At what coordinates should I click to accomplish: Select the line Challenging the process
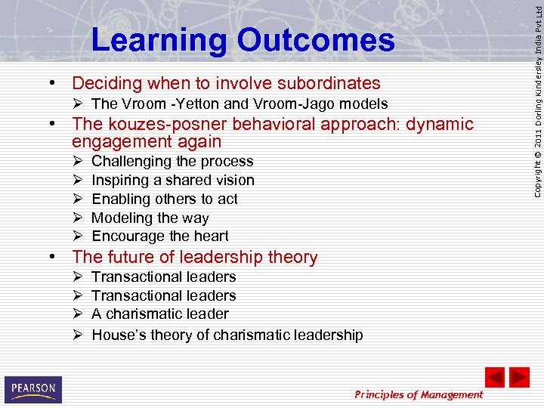point(172,162)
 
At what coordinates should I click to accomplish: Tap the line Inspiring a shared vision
point(173,181)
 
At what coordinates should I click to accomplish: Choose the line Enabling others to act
point(165,199)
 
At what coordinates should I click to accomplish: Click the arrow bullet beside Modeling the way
point(78,218)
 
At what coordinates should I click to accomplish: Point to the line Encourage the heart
point(160,236)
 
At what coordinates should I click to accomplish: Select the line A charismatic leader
point(160,314)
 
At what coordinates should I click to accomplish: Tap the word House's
point(117,335)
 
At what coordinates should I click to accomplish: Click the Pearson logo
point(33,390)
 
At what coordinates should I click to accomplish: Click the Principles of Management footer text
point(419,394)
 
